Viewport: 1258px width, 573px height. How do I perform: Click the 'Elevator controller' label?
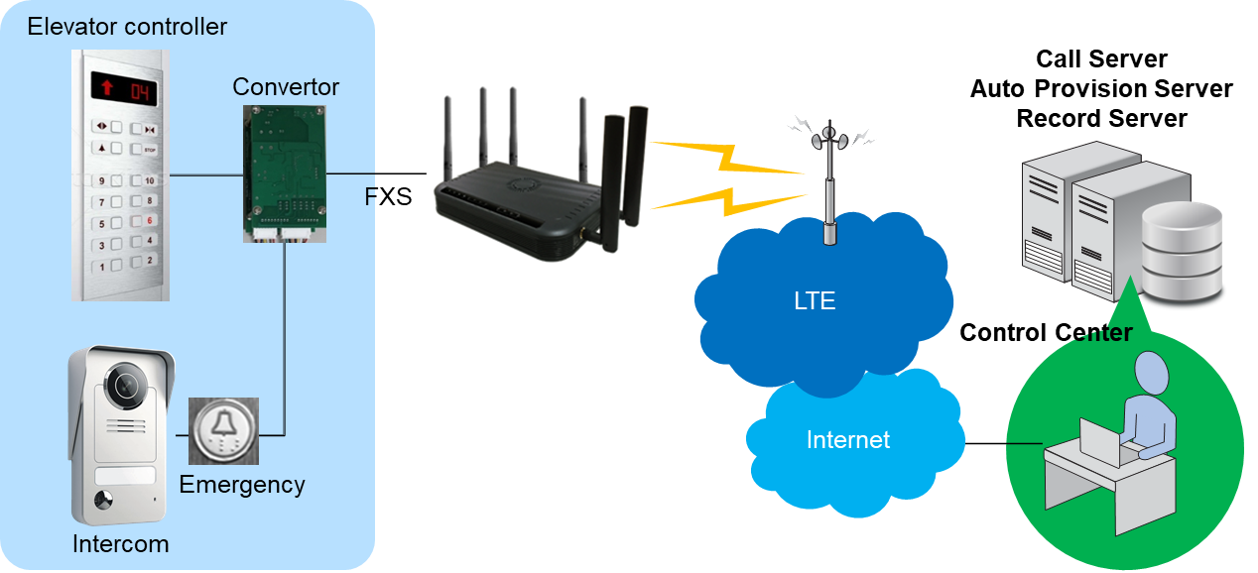(x=127, y=27)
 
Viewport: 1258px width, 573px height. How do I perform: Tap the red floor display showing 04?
(x=124, y=88)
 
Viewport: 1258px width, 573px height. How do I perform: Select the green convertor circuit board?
(x=285, y=173)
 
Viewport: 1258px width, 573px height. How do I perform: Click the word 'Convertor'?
(x=286, y=87)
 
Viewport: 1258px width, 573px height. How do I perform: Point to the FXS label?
(x=388, y=196)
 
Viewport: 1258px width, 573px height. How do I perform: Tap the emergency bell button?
(x=223, y=431)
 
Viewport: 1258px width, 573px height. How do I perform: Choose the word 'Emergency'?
(x=242, y=485)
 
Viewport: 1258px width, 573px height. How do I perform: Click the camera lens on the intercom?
(x=127, y=385)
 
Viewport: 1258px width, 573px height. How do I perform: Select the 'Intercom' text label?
(x=121, y=544)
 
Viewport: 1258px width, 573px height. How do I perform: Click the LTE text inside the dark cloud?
(x=815, y=301)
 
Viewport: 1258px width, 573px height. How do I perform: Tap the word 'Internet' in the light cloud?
(x=848, y=440)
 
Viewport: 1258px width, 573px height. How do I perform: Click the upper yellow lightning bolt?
(x=727, y=158)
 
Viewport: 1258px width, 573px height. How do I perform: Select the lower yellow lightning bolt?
(x=728, y=202)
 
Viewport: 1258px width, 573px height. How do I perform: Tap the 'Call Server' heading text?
(x=1101, y=58)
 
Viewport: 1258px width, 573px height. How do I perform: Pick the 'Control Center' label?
(x=1046, y=333)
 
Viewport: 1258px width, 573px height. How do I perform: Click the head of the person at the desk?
(x=1152, y=372)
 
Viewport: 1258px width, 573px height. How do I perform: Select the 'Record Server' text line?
(x=1101, y=118)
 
